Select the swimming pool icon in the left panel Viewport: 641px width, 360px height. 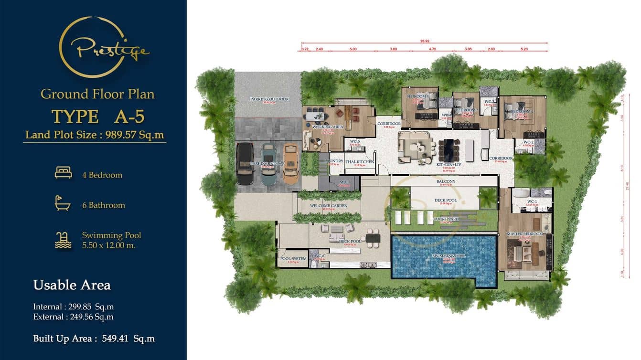63,240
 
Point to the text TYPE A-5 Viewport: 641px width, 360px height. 97,116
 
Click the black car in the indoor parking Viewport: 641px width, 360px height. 246,163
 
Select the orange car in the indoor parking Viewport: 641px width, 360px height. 290,163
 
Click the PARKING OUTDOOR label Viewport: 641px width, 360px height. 269,99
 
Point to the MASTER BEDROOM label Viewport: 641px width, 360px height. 525,234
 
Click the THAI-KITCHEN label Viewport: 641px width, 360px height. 360,162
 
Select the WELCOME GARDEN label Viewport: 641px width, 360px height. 329,206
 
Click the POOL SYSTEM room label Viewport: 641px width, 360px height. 293,259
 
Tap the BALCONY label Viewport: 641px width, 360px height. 446,181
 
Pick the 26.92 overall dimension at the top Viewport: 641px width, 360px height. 425,41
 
